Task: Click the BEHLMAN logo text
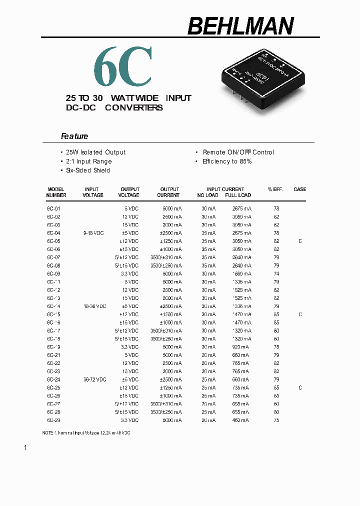tap(240, 26)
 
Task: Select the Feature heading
tap(74, 136)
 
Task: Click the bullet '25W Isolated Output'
tap(95, 152)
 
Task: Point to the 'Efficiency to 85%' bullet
tap(227, 161)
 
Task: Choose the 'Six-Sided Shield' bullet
tap(88, 170)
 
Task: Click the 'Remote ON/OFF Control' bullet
tap(238, 152)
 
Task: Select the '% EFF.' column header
tap(275, 189)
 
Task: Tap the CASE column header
tap(300, 189)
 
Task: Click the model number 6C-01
tap(54, 208)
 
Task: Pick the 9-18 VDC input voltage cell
tap(93, 233)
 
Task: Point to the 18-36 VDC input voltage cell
tap(94, 306)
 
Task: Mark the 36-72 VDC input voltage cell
tap(94, 379)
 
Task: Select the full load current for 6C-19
tap(240, 347)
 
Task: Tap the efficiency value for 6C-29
tap(276, 420)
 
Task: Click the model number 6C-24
tap(54, 379)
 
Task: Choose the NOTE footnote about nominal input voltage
tap(86, 432)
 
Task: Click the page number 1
tap(25, 447)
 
